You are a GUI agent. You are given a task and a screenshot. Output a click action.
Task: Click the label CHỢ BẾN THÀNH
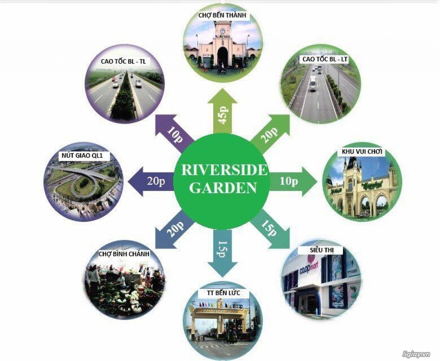pyautogui.click(x=222, y=15)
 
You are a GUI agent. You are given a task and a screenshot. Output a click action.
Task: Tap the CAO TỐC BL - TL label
pyautogui.click(x=123, y=62)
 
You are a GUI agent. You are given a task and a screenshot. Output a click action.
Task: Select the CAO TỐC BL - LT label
pyautogui.click(x=325, y=59)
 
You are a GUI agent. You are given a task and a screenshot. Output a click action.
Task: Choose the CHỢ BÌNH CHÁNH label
pyautogui.click(x=124, y=254)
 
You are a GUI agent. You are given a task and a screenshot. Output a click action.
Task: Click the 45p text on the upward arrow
pyautogui.click(x=223, y=115)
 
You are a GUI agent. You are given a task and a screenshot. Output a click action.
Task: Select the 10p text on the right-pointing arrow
pyautogui.click(x=288, y=181)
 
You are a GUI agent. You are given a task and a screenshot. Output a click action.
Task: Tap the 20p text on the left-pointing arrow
pyautogui.click(x=156, y=181)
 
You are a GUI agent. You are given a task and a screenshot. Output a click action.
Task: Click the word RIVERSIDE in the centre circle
pyautogui.click(x=224, y=170)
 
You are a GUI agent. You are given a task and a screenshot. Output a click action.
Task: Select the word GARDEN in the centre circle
pyautogui.click(x=223, y=188)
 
